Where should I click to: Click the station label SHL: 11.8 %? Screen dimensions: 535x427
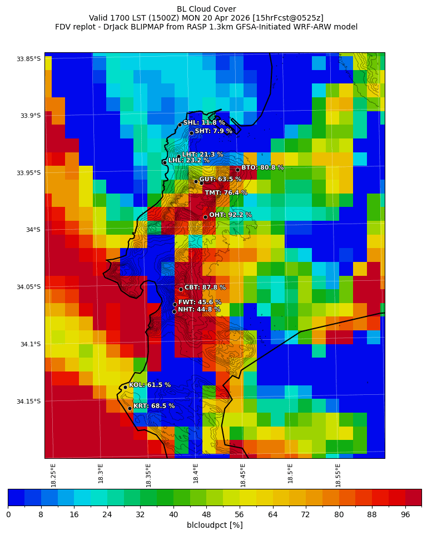204,123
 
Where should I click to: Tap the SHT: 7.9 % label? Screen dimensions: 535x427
213,131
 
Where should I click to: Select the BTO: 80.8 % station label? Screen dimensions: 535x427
262,167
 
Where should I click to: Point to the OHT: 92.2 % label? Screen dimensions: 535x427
230,215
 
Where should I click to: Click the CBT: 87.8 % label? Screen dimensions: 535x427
205,288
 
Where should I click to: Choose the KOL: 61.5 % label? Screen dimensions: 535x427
150,385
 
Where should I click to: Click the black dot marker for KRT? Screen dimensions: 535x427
130,408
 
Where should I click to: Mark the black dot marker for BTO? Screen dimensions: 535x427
237,170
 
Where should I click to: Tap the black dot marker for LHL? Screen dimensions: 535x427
165,162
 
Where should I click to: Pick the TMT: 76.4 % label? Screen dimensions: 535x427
226,193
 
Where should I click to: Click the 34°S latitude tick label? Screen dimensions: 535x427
32,230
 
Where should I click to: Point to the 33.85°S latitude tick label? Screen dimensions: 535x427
29,59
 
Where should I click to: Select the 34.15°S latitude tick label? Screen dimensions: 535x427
29,402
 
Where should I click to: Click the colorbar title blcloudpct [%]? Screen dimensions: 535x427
215,525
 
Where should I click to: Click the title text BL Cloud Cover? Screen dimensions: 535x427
206,9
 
